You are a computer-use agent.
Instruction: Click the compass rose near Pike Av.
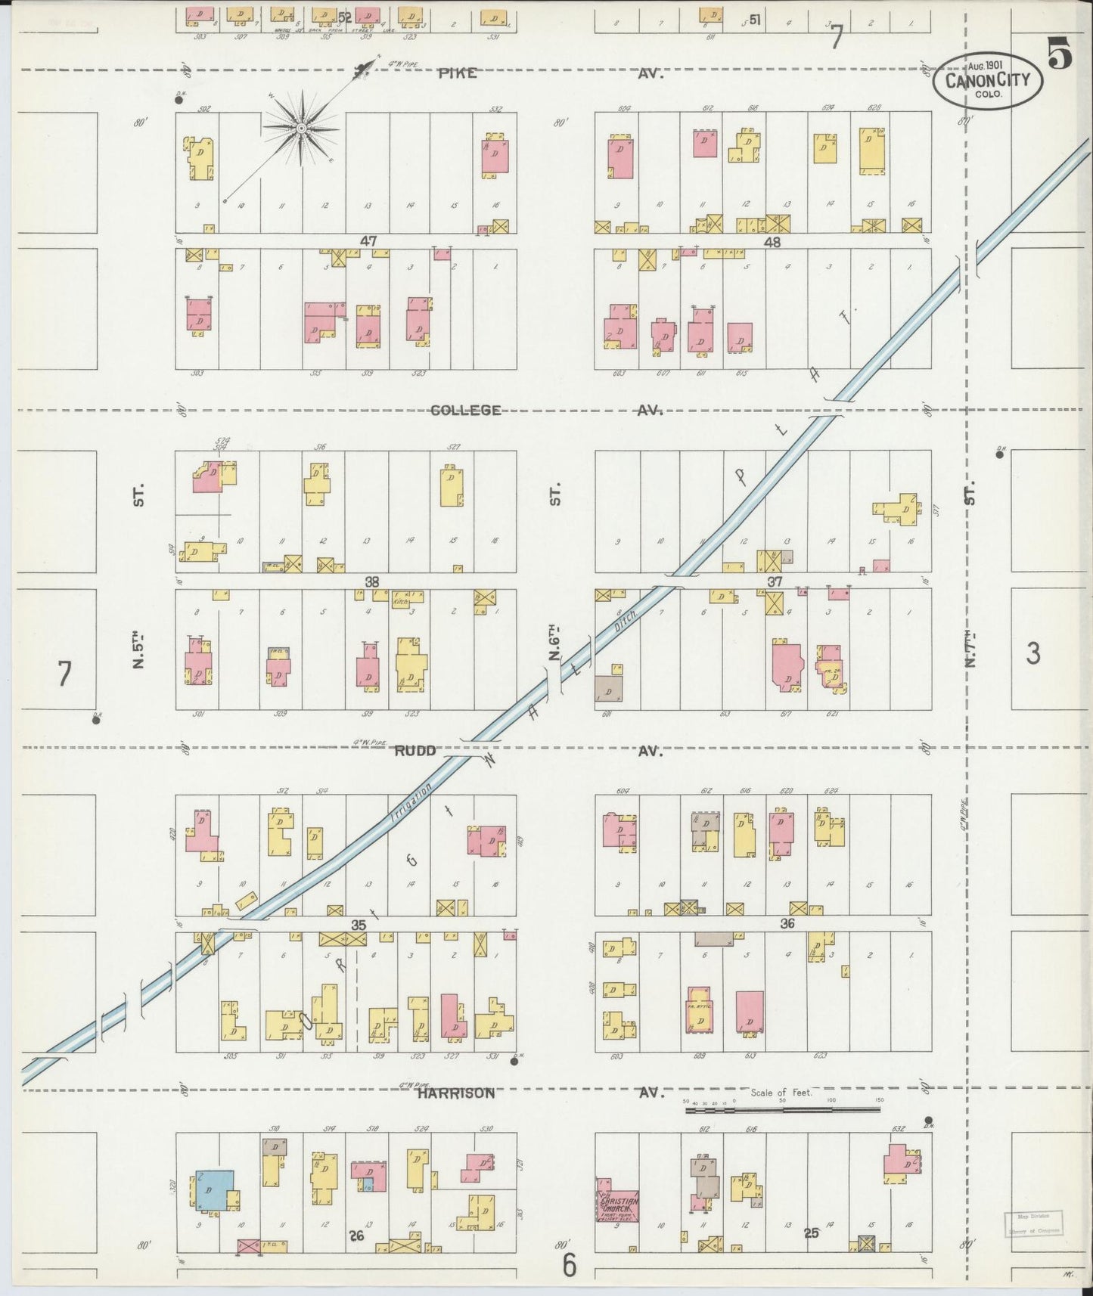point(301,129)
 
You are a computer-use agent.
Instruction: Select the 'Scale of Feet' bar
point(782,1110)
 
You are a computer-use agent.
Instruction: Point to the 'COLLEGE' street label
point(465,411)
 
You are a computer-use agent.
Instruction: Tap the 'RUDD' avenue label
point(415,751)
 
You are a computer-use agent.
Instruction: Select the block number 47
point(368,241)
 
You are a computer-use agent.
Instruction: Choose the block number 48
point(772,243)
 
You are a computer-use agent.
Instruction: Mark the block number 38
point(371,581)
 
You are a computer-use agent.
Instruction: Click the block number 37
point(774,581)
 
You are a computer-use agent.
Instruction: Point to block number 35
point(359,924)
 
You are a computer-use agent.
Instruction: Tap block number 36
point(787,923)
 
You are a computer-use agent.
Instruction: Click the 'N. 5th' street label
point(138,651)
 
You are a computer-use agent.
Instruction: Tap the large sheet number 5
point(1059,54)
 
